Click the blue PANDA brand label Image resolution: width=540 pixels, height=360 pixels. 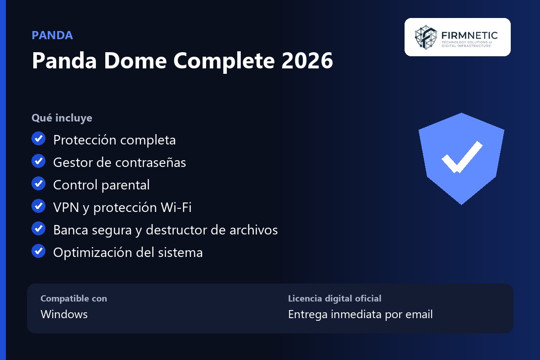click(x=52, y=35)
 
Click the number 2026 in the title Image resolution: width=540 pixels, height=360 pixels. click(x=307, y=60)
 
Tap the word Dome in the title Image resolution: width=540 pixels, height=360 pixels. click(x=135, y=60)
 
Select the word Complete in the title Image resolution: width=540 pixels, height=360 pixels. click(x=224, y=62)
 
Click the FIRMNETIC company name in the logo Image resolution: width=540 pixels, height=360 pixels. click(x=469, y=36)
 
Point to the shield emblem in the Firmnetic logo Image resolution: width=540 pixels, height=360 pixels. click(x=426, y=37)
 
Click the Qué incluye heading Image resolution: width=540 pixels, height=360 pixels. click(x=62, y=118)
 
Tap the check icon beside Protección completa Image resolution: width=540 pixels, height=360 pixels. click(x=39, y=139)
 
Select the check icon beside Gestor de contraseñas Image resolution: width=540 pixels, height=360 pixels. click(x=39, y=161)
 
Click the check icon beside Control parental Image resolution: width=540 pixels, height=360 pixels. click(x=39, y=183)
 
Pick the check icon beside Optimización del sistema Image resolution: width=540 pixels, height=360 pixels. click(x=39, y=251)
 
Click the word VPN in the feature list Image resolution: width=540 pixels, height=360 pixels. click(x=66, y=207)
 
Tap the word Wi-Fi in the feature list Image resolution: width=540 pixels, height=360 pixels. click(x=176, y=207)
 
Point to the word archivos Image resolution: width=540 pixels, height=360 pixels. click(x=254, y=230)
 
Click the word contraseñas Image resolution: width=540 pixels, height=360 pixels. click(x=151, y=162)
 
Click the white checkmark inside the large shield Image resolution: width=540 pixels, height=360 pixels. click(x=462, y=157)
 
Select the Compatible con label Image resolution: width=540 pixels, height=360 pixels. click(x=74, y=298)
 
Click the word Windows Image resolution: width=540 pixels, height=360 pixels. click(x=64, y=314)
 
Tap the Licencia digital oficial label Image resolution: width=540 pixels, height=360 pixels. click(x=335, y=298)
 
